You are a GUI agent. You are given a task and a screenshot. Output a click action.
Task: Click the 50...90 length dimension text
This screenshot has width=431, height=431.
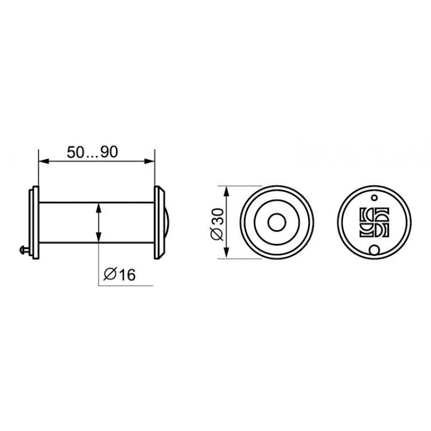[x=92, y=152]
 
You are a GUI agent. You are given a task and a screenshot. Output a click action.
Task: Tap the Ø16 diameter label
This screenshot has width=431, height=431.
[x=120, y=274]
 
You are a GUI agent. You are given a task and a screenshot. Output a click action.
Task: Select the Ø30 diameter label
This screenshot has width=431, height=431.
[x=218, y=224]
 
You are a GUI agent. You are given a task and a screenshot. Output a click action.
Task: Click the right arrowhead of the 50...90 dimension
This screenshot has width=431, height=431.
[x=149, y=161]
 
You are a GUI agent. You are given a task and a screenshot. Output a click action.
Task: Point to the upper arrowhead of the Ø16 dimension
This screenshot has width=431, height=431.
[x=99, y=208]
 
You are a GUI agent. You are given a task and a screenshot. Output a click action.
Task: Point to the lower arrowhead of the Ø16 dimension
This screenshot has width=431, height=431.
[x=99, y=237]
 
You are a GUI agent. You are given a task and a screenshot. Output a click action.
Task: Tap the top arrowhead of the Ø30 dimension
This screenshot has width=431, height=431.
[x=226, y=191]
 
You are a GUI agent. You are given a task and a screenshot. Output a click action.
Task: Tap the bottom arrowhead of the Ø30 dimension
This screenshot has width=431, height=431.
[x=226, y=253]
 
